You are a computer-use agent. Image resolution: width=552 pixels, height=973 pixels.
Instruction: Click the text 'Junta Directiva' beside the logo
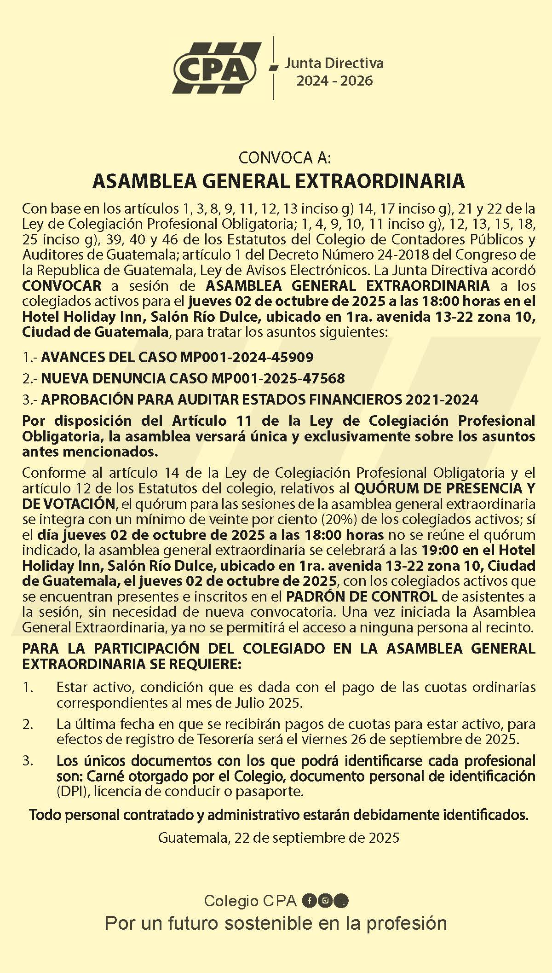point(333,63)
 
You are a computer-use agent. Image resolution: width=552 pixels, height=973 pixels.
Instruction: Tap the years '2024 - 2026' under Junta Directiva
point(334,81)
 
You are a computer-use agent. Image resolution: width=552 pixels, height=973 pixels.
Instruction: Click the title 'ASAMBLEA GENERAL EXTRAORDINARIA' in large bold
point(278,181)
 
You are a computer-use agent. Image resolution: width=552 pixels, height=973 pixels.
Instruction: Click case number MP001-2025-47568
point(278,378)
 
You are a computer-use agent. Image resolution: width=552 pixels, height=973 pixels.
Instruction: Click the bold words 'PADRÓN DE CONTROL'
point(361,597)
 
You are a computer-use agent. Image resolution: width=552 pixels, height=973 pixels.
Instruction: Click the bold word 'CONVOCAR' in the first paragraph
point(62,285)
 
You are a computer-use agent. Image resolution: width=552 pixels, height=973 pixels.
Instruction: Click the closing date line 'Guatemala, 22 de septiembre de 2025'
point(278,837)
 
